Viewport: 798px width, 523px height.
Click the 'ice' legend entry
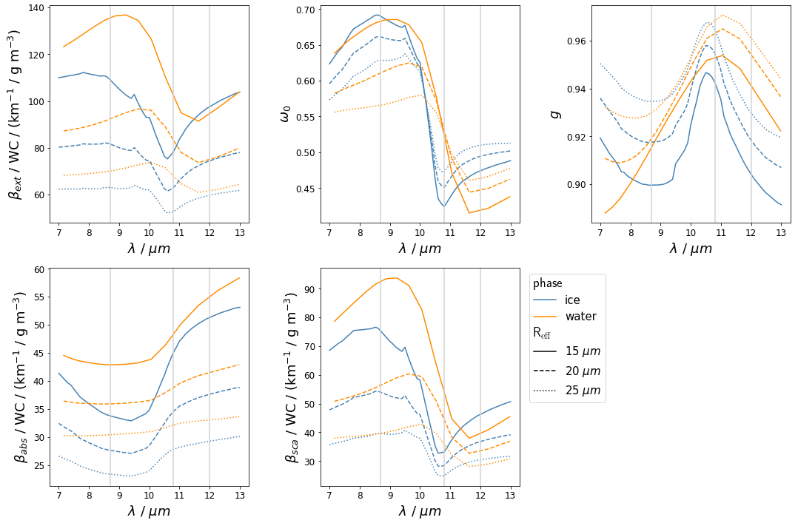(571, 300)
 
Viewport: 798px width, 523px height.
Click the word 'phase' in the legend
(548, 283)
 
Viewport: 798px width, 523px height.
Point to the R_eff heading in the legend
(542, 334)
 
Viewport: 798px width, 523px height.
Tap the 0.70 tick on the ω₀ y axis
(306, 10)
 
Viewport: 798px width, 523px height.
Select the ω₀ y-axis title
(285, 114)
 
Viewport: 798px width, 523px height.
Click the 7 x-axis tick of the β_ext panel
(59, 230)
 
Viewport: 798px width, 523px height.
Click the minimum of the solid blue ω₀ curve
(444, 206)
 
